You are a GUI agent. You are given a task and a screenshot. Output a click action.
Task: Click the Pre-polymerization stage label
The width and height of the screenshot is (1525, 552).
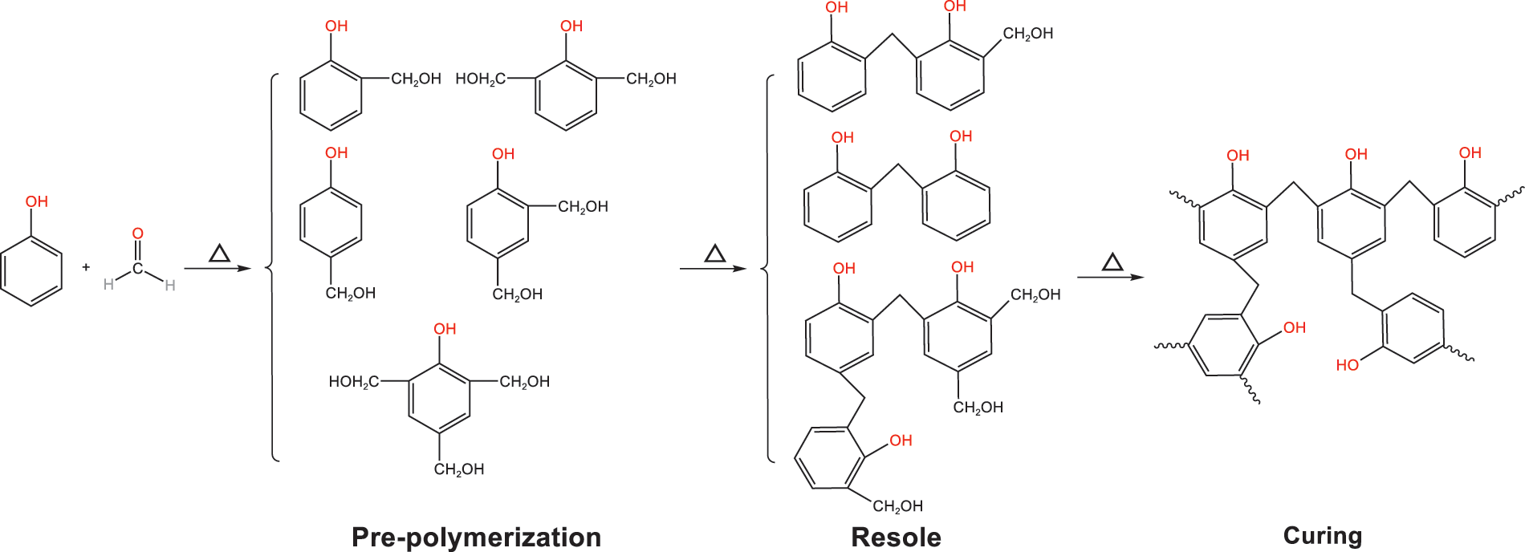pyautogui.click(x=476, y=537)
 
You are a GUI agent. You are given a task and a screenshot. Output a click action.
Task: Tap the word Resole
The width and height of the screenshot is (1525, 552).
pyautogui.click(x=896, y=537)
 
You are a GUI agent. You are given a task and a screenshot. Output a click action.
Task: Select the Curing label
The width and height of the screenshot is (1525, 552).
pyautogui.click(x=1323, y=535)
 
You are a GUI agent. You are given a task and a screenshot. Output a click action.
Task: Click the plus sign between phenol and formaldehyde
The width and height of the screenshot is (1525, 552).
pyautogui.click(x=86, y=267)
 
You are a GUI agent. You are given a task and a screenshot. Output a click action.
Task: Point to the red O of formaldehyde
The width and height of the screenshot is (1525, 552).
pyautogui.click(x=137, y=233)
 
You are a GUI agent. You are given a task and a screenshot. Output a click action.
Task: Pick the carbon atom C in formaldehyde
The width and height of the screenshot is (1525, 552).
pyautogui.click(x=138, y=268)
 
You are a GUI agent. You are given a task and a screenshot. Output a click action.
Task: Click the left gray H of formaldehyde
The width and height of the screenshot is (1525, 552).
pyautogui.click(x=108, y=284)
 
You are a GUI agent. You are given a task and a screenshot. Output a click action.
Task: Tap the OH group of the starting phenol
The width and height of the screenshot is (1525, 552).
pyautogui.click(x=37, y=201)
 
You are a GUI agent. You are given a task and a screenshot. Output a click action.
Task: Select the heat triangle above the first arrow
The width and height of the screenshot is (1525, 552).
pyautogui.click(x=219, y=254)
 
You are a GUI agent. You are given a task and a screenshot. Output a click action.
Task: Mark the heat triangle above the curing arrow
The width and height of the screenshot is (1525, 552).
pyautogui.click(x=1112, y=262)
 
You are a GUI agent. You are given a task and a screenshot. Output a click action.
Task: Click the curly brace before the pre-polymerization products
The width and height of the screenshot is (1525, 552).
pyautogui.click(x=271, y=268)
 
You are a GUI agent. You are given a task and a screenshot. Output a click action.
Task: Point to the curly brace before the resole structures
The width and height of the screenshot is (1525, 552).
pyautogui.click(x=767, y=269)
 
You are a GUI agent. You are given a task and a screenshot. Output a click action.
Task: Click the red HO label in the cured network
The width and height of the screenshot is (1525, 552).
pyautogui.click(x=1348, y=365)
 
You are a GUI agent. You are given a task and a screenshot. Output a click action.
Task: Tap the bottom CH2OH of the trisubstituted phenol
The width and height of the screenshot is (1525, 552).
pyautogui.click(x=459, y=469)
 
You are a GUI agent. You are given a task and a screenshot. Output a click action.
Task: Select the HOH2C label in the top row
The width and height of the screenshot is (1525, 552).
pyautogui.click(x=480, y=79)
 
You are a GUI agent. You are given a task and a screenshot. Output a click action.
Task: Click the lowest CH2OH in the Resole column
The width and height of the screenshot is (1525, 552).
pyautogui.click(x=897, y=506)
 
